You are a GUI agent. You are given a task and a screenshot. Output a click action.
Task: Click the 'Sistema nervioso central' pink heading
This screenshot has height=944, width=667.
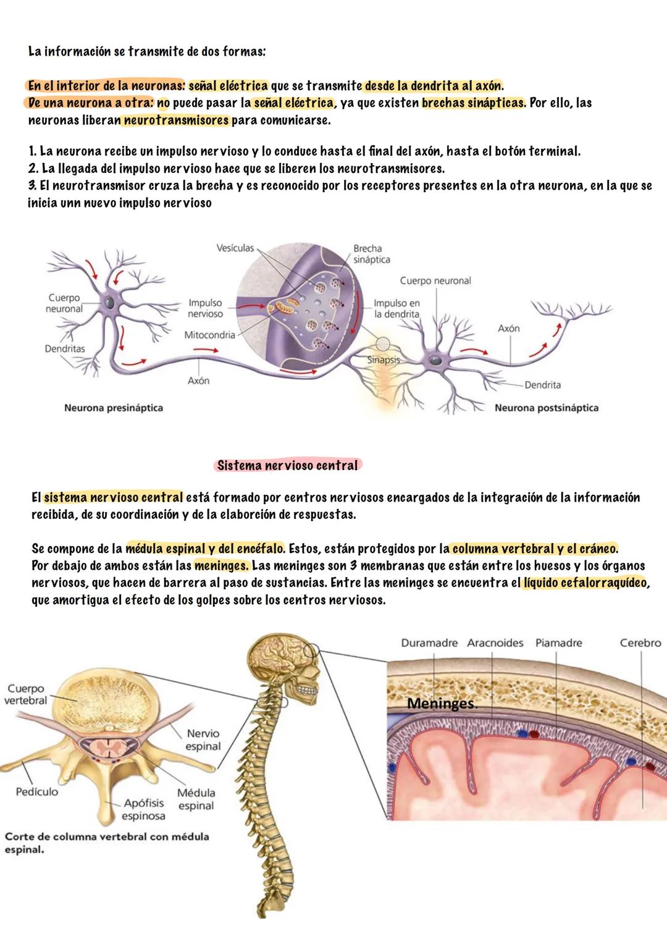[x=288, y=465]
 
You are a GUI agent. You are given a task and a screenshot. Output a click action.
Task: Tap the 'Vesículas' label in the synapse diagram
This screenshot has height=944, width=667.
[x=235, y=248]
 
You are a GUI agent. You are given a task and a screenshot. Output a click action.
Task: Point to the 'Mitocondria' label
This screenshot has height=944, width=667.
[x=209, y=335]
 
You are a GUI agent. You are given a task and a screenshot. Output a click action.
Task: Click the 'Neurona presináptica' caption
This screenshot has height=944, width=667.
[x=114, y=408]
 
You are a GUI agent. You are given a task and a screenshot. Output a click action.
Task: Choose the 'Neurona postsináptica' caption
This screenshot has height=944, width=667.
[x=546, y=408]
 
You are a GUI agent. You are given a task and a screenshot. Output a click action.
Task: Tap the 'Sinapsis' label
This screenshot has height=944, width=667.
[x=384, y=360]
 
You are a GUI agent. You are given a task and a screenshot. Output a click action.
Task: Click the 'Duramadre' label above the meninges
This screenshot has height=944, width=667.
[x=429, y=643]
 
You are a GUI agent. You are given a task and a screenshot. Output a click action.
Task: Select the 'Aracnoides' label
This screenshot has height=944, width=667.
[x=495, y=643]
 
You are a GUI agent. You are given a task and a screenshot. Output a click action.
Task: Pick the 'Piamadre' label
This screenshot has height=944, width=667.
[x=558, y=643]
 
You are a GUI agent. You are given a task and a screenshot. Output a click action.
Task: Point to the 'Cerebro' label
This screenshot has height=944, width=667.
[x=640, y=643]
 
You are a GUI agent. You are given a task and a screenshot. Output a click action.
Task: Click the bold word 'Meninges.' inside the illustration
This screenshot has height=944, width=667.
[x=442, y=704]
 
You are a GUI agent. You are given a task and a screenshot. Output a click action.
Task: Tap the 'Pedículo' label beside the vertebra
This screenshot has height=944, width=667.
[x=37, y=791]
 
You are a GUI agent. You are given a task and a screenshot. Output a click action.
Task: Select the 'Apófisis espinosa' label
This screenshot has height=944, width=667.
[x=143, y=809]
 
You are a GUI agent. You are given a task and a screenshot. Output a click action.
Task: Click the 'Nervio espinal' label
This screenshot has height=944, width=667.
[x=203, y=740]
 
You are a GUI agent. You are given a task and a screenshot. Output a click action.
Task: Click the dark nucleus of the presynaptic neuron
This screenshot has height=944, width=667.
[x=109, y=302]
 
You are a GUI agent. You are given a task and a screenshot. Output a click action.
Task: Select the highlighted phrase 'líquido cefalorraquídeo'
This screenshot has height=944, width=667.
[x=585, y=583]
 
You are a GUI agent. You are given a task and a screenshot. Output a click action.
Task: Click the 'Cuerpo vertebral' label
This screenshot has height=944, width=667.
[x=25, y=694]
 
